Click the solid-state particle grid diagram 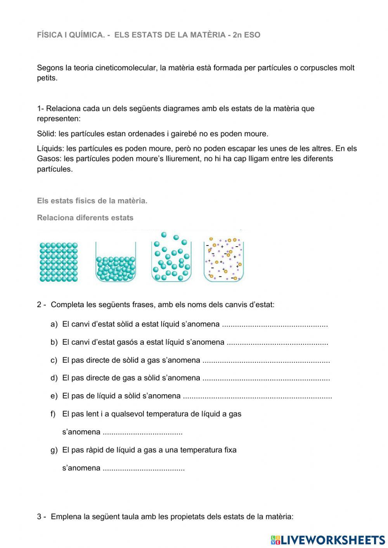tap(59, 262)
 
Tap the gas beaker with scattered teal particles tap(171, 258)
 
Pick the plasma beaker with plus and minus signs tap(223, 259)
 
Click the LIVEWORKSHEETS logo tap(328, 540)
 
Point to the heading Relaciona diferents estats tap(85, 218)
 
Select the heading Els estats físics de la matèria tap(92, 201)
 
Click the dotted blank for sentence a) tap(275, 325)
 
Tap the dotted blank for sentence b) tap(277, 343)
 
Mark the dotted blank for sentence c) tap(266, 361)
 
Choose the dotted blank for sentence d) tap(266, 379)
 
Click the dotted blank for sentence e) tap(257, 396)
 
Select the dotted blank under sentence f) tap(143, 432)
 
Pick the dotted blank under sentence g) tap(144, 468)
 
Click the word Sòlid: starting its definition tap(47, 134)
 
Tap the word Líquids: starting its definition tap(50, 149)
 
